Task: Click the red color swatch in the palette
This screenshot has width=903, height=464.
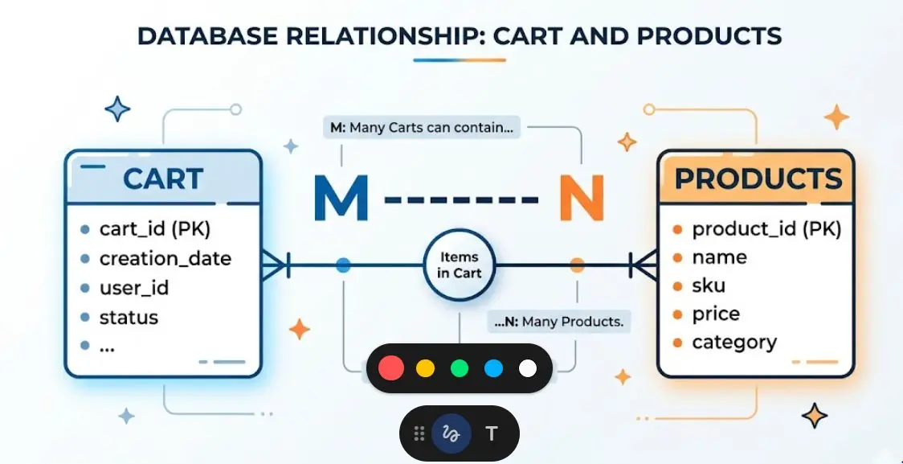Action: coord(391,368)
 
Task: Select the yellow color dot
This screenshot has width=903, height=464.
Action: coord(425,368)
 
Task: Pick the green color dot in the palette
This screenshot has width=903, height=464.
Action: coord(459,368)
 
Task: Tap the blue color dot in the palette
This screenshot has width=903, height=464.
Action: coord(493,368)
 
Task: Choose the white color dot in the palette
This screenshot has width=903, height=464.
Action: coord(528,368)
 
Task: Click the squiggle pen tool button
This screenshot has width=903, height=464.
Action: coord(451,433)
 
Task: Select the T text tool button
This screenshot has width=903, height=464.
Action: coord(491,433)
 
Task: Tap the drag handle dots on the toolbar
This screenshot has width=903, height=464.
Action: coord(419,433)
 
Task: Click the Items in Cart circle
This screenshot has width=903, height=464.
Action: coord(459,265)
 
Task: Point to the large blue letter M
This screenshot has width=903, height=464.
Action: coord(341,198)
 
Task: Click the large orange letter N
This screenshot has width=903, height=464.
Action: coord(582,198)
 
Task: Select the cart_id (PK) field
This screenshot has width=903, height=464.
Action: coord(155,229)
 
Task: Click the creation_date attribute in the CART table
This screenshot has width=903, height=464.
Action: coord(165,259)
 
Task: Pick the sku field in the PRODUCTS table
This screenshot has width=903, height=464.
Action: coord(709,285)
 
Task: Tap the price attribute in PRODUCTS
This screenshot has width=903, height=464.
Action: coord(716,314)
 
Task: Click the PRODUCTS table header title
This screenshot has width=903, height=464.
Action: coord(758,179)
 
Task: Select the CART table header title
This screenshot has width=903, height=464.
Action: coord(163,179)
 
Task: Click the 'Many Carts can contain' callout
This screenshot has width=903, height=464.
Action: coord(422,127)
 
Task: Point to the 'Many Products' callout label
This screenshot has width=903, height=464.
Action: coord(558,322)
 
